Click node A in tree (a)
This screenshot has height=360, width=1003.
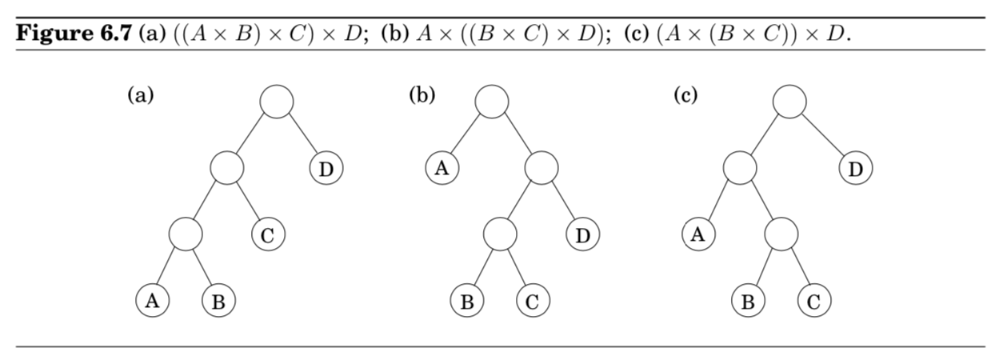[x=152, y=302]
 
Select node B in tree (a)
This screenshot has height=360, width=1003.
[x=218, y=302]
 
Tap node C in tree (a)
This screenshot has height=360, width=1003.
[x=268, y=235]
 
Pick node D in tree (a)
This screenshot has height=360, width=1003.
[x=326, y=169]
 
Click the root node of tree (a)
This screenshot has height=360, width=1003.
[x=277, y=102]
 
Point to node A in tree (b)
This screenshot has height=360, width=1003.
[x=442, y=169]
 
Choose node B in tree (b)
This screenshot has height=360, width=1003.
[x=467, y=302]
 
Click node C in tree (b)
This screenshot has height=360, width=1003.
[x=533, y=302]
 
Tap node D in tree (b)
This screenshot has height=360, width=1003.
[x=583, y=235]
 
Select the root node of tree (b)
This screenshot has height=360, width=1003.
[x=491, y=102]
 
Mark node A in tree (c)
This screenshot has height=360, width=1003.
[x=698, y=235]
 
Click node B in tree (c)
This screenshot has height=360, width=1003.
[x=748, y=302]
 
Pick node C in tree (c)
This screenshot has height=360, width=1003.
[x=814, y=302]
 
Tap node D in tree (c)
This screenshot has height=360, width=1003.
[x=856, y=169]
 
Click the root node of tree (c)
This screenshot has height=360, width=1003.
[x=789, y=102]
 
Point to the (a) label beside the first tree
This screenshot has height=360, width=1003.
[x=141, y=96]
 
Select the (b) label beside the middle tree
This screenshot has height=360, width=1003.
[x=422, y=96]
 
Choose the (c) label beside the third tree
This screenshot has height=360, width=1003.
[x=685, y=96]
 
